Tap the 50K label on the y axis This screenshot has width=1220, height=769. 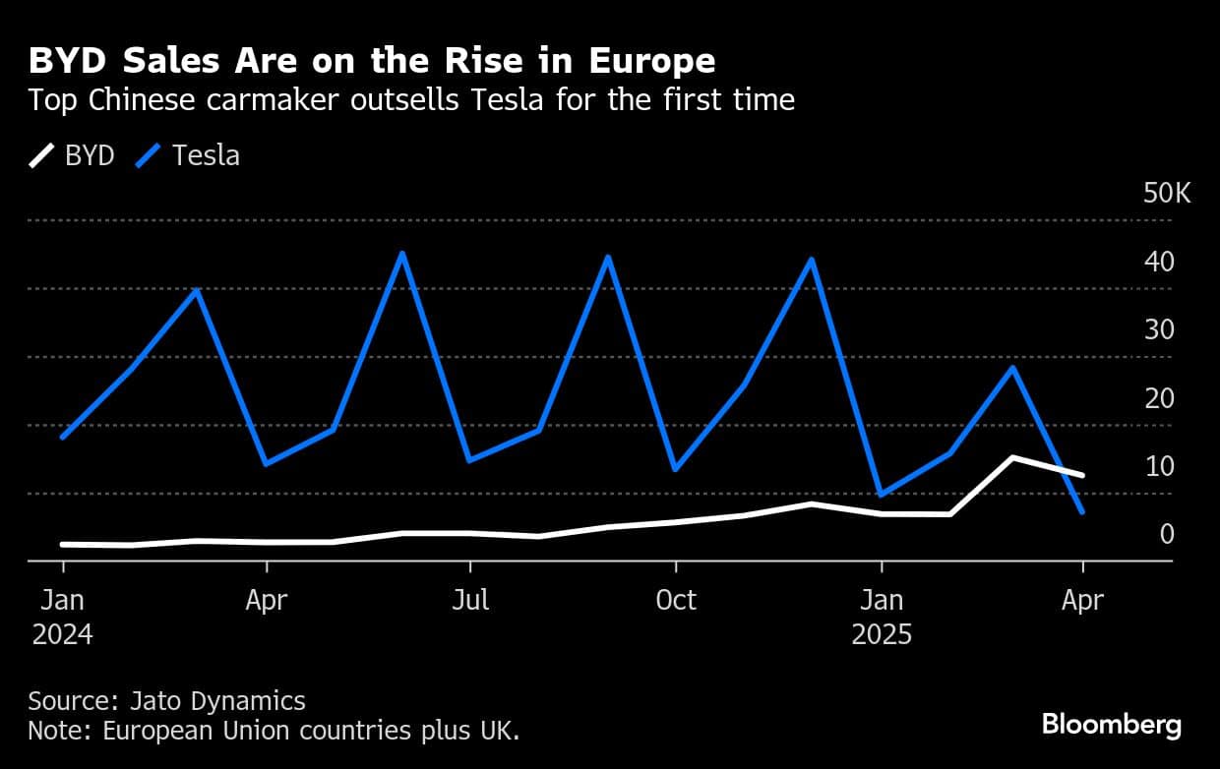(1167, 194)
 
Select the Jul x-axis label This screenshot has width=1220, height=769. (470, 600)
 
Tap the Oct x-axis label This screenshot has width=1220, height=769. (675, 600)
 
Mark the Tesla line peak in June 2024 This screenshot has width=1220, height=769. (402, 254)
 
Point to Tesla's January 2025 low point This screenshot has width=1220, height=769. (880, 495)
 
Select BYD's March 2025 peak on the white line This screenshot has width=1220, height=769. (1012, 457)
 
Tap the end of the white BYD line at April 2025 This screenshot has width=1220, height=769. (1082, 475)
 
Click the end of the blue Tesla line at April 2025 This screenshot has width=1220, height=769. (1082, 511)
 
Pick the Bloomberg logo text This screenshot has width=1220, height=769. (1112, 726)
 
